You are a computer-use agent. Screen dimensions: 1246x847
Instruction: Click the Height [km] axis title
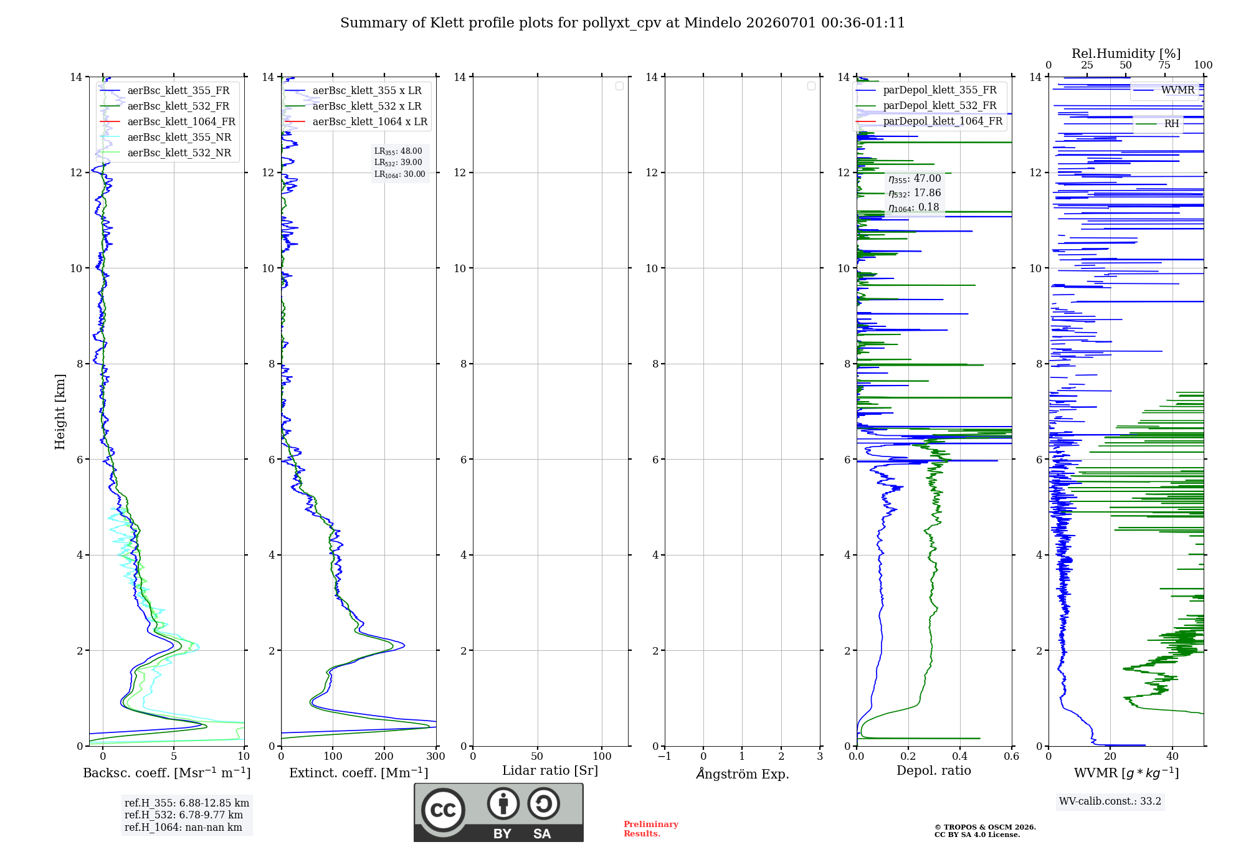pos(60,412)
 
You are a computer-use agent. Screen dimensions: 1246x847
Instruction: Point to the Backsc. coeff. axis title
pos(167,773)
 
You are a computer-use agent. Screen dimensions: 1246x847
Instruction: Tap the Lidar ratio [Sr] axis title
pos(550,771)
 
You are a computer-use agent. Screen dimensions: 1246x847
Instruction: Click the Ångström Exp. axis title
pos(743,774)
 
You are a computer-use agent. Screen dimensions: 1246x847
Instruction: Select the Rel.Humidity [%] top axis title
pos(1126,54)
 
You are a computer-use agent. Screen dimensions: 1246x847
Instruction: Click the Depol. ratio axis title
pos(934,771)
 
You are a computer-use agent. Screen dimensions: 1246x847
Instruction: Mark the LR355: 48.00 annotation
pos(398,151)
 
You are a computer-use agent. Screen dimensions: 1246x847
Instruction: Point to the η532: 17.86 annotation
pos(915,193)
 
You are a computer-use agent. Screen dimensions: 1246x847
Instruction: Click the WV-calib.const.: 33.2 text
pos(1110,802)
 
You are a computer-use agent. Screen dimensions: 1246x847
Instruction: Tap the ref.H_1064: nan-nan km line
pos(183,828)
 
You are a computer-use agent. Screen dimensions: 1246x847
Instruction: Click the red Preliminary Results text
pos(651,829)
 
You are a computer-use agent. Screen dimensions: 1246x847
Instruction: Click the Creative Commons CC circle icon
pos(443,810)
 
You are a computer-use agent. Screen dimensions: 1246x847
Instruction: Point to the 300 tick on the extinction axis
pos(436,757)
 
